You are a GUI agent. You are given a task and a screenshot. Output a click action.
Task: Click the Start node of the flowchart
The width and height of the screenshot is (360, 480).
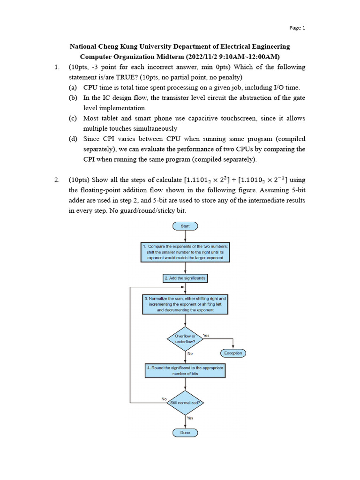[185, 226]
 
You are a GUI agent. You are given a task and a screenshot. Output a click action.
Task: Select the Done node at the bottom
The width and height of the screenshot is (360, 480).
[185, 433]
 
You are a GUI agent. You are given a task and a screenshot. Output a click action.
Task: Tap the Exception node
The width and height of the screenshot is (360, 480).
[233, 353]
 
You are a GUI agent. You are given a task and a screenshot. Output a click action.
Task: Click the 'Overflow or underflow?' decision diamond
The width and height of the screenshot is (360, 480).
[185, 339]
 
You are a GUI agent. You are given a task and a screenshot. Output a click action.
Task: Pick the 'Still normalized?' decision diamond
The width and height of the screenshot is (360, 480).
[185, 403]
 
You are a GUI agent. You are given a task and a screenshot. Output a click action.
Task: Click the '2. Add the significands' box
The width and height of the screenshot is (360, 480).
[185, 278]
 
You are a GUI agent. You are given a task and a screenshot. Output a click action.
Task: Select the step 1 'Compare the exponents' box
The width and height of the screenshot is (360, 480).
[185, 252]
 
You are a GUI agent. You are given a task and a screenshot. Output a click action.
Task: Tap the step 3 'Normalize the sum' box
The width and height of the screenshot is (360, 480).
[185, 304]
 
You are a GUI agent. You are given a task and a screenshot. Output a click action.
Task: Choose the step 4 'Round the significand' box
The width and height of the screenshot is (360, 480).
[185, 371]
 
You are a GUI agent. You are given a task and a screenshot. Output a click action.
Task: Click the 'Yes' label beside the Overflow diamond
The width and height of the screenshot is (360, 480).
[206, 336]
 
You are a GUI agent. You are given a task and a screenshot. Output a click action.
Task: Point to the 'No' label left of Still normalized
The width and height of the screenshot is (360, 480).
[164, 399]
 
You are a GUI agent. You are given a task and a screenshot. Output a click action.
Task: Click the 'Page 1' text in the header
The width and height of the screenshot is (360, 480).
[297, 28]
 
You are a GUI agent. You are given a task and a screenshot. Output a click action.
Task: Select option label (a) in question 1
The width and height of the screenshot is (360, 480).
[73, 88]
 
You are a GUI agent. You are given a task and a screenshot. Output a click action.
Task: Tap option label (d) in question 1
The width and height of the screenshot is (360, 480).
[73, 139]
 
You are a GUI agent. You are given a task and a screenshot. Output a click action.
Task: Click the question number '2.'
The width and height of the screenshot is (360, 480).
[57, 180]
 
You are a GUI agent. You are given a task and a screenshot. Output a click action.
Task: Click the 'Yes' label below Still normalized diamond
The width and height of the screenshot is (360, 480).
[190, 418]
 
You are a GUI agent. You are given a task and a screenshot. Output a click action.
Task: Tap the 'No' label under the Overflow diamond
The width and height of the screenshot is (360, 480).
[190, 354]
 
